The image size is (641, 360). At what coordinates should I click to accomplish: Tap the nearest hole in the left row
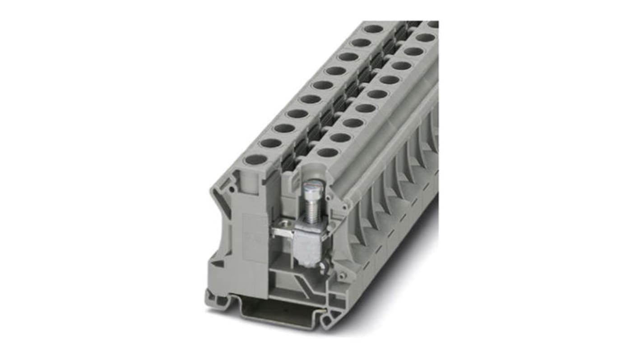click(x=256, y=159)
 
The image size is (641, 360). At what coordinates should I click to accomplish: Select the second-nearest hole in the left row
click(x=271, y=143)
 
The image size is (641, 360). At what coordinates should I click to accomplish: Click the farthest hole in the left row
click(x=373, y=29)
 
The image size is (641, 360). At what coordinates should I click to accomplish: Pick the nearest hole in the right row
click(x=328, y=152)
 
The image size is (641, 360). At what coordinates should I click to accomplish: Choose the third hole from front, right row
click(x=353, y=123)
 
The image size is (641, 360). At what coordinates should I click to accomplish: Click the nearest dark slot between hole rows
click(x=289, y=162)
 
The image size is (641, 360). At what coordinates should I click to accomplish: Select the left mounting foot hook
click(x=216, y=300)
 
